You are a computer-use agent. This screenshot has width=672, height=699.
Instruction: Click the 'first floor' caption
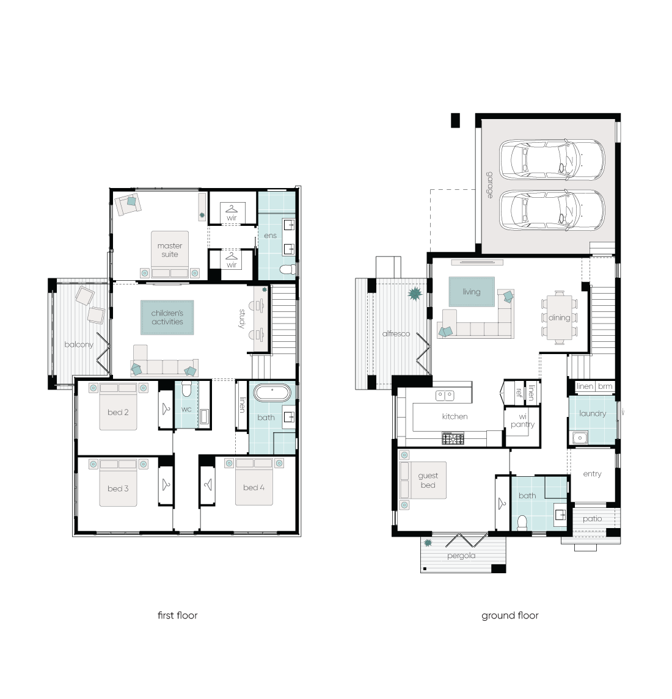(177, 615)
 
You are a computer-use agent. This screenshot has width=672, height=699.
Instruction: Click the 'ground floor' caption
(509, 615)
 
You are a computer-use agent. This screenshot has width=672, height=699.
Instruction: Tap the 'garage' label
(490, 184)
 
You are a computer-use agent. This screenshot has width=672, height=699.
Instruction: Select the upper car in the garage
(552, 159)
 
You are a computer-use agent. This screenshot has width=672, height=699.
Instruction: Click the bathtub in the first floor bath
(272, 394)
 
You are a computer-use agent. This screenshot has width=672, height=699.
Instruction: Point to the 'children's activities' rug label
(167, 317)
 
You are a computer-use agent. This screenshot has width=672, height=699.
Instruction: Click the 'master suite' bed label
(170, 250)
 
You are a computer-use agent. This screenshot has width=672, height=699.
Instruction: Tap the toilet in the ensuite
(288, 269)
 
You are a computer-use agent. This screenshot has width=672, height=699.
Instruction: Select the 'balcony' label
(79, 344)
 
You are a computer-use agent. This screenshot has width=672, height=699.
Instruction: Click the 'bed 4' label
(254, 488)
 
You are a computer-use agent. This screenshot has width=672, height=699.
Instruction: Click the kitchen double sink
(445, 396)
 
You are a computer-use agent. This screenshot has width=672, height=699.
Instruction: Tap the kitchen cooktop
(453, 438)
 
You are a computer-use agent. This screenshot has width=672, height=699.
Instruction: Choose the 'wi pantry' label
(522, 421)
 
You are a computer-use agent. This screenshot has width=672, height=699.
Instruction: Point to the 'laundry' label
(593, 414)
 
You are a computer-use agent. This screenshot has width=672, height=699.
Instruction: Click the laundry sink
(580, 438)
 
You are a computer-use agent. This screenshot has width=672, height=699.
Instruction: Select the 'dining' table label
(559, 317)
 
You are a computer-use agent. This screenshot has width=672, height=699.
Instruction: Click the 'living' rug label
(472, 292)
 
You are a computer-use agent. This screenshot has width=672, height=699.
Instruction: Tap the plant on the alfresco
(415, 294)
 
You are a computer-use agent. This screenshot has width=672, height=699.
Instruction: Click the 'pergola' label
(461, 556)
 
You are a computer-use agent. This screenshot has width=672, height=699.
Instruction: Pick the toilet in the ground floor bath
(522, 523)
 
